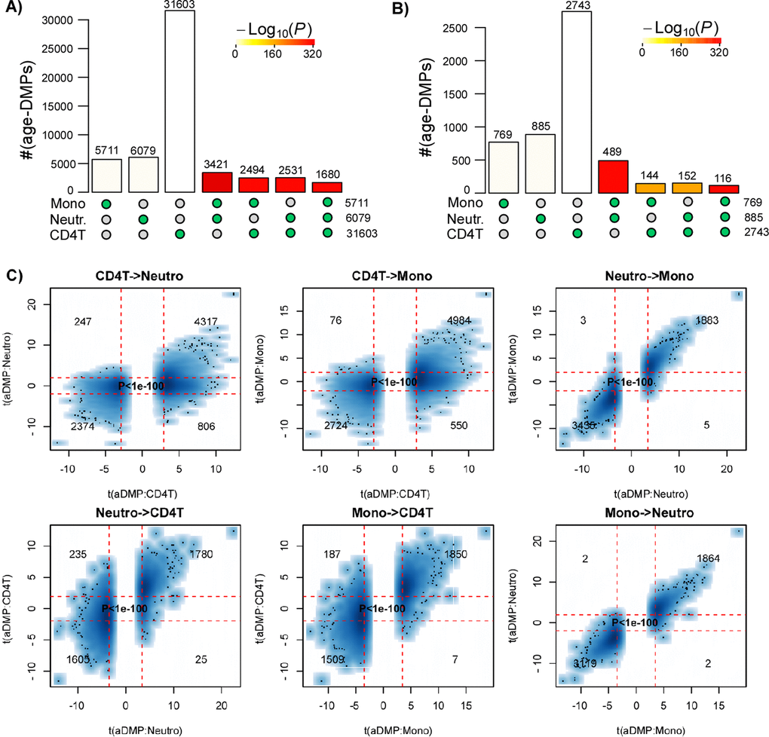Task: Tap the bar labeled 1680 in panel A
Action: [x=326, y=186]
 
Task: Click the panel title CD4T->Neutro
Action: [x=142, y=276]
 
